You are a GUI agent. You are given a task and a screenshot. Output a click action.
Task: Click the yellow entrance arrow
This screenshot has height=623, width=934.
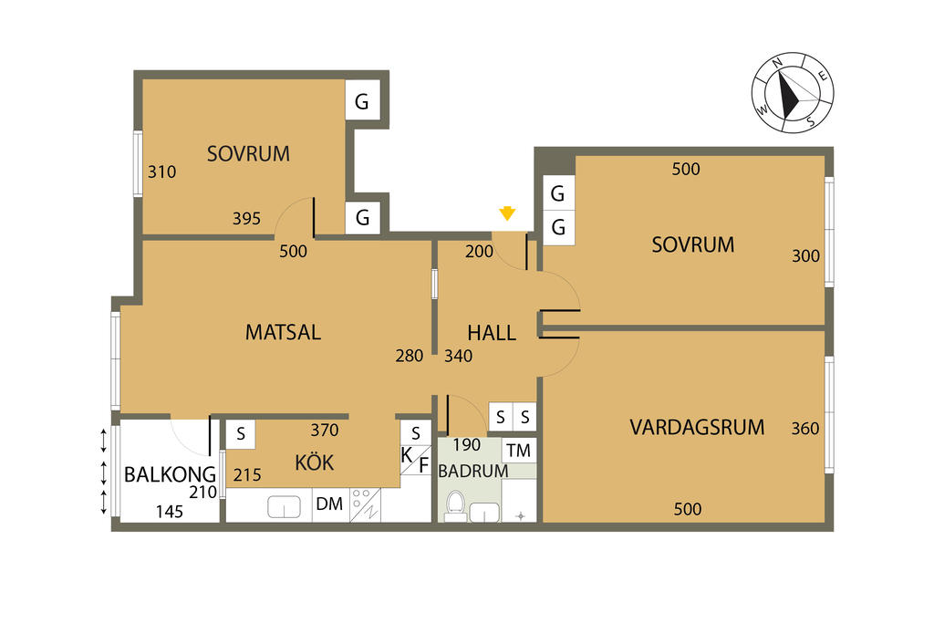pyautogui.click(x=507, y=213)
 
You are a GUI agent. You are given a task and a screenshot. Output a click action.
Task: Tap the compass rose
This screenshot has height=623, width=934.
pyautogui.click(x=793, y=92)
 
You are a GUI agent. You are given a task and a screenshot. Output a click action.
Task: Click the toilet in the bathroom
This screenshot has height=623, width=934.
pyautogui.click(x=456, y=505)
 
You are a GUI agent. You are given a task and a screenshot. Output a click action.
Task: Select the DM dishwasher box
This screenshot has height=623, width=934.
pyautogui.click(x=330, y=504)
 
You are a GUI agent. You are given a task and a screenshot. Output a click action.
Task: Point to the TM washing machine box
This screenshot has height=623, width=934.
pyautogui.click(x=519, y=451)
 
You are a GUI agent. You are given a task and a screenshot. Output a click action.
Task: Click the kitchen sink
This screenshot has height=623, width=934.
pyautogui.click(x=285, y=507)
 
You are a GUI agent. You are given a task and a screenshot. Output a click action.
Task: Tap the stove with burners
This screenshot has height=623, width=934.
pyautogui.click(x=365, y=505)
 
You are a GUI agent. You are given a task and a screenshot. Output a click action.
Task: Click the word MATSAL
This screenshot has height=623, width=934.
pyautogui.click(x=283, y=332)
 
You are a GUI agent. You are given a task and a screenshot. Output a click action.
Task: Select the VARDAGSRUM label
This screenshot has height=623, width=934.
pyautogui.click(x=697, y=427)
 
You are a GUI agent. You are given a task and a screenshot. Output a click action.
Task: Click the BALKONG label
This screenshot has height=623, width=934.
pyautogui.click(x=170, y=474)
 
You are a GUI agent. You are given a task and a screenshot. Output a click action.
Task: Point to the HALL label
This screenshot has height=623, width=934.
pyautogui.click(x=492, y=332)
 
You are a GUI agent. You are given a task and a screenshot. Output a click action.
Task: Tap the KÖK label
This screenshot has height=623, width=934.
pyautogui.click(x=315, y=462)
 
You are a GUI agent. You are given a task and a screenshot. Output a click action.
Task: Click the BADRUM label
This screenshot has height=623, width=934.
pyautogui.click(x=473, y=471)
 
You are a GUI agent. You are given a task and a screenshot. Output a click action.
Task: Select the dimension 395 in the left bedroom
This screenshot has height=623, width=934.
pyautogui.click(x=246, y=219)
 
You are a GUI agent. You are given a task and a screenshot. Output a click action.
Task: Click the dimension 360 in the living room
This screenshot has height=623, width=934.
pyautogui.click(x=804, y=428)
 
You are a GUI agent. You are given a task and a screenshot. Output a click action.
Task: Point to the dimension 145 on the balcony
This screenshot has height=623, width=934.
pyautogui.click(x=169, y=512)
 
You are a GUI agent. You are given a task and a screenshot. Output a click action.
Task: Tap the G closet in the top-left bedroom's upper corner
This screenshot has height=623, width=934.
pyautogui.click(x=362, y=100)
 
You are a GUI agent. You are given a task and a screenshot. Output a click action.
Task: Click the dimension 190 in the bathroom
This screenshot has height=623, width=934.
pyautogui.click(x=466, y=445)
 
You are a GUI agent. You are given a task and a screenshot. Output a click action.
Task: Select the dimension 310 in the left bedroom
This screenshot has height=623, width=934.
pyautogui.click(x=162, y=171)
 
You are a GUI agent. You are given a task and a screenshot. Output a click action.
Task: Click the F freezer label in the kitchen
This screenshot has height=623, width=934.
pyautogui.click(x=423, y=464)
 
